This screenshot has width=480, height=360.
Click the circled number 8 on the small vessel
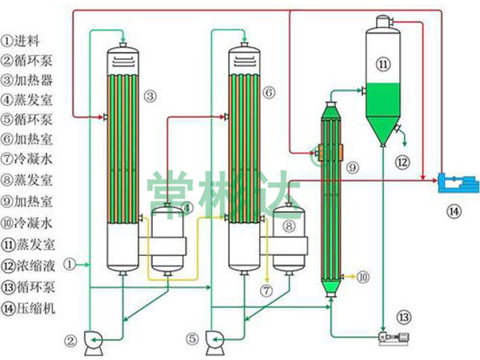click(287, 227)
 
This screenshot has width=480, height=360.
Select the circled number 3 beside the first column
click(149, 95)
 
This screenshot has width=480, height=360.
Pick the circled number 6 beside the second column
click(268, 94)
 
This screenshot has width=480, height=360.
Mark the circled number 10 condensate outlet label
click(363, 277)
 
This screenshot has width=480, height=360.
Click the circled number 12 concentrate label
click(403, 162)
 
